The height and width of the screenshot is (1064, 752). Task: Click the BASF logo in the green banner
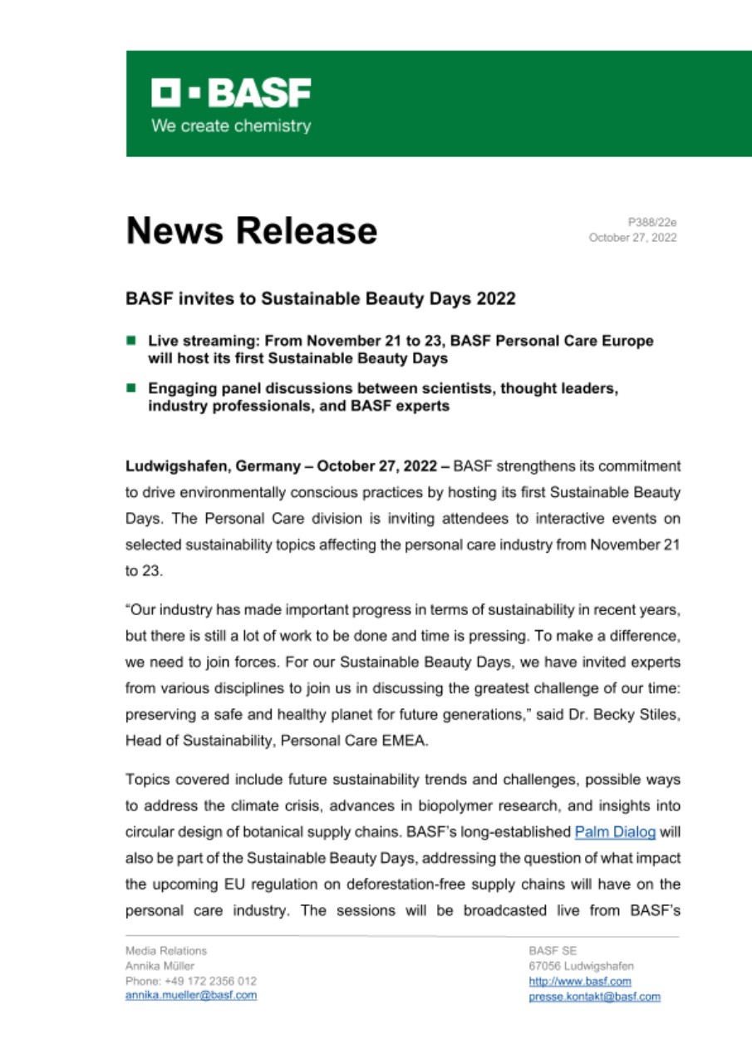230,93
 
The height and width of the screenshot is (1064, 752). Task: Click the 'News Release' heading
251,229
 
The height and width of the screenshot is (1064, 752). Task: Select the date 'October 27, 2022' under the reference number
632,238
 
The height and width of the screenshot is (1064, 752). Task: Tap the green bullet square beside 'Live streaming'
131,340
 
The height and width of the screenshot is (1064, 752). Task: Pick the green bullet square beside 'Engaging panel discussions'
131,388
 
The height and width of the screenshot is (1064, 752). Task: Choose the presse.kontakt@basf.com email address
595,996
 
